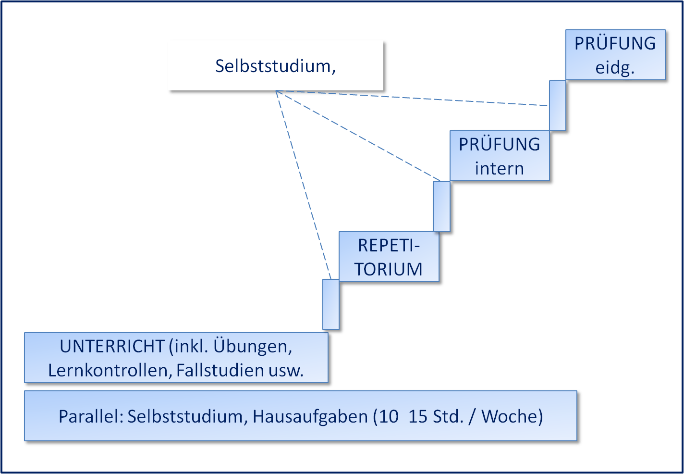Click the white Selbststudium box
pyautogui.click(x=276, y=66)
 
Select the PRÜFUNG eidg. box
pyautogui.click(x=615, y=55)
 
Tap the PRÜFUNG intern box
pyautogui.click(x=500, y=156)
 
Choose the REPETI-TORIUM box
pyautogui.click(x=389, y=257)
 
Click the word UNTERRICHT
pyautogui.click(x=112, y=347)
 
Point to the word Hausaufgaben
pyautogui.click(x=310, y=416)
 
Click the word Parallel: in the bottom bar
pyautogui.click(x=91, y=416)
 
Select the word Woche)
pyautogui.click(x=512, y=416)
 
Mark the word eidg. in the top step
pyautogui.click(x=615, y=68)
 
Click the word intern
pyautogui.click(x=500, y=169)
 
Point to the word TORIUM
pyautogui.click(x=389, y=269)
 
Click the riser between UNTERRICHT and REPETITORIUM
pyautogui.click(x=331, y=304)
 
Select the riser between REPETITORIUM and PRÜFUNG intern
pyautogui.click(x=441, y=206)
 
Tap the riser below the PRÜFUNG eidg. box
pyautogui.click(x=557, y=105)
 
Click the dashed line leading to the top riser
pyautogui.click(x=432, y=99)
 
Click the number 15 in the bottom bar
pyautogui.click(x=418, y=416)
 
